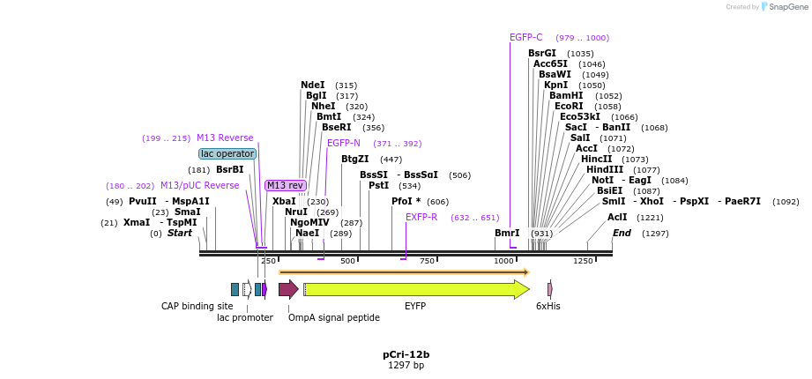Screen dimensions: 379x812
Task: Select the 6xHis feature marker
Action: coord(550,289)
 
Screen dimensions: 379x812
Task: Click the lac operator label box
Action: coord(227,153)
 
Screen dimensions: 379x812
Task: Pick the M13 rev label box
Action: coord(286,185)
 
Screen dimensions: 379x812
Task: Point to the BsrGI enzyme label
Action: coord(542,54)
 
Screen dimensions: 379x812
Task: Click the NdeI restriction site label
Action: coord(313,85)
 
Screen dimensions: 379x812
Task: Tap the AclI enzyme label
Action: coord(617,217)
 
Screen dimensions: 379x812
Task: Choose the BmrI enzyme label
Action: coord(507,233)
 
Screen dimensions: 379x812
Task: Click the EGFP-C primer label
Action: coord(526,38)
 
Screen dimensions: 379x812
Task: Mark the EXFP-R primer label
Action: coord(421,217)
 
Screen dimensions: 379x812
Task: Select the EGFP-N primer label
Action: coord(344,143)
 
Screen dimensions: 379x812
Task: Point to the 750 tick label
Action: coord(428,261)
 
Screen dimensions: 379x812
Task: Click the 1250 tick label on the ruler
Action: coord(584,261)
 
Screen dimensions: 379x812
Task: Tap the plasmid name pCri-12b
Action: coord(406,354)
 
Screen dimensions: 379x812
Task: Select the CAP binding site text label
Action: coord(197,306)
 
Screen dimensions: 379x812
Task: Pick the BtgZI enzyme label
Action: coord(355,160)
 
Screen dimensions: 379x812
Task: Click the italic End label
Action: coord(622,233)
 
